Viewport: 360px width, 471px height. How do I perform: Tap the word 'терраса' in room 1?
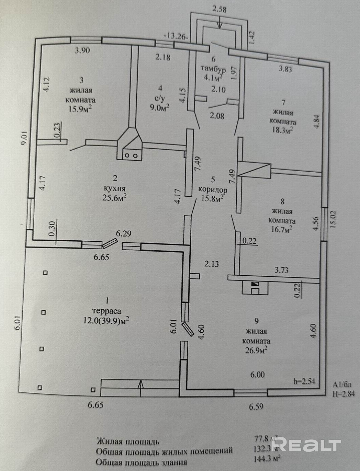(107, 311)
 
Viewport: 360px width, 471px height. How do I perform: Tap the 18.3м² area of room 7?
(282, 130)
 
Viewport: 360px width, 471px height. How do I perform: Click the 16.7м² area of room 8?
(282, 229)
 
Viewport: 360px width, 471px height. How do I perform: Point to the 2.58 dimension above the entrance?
(220, 10)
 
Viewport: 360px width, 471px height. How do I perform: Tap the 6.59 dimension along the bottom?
(256, 407)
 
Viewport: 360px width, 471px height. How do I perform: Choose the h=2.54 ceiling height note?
(304, 381)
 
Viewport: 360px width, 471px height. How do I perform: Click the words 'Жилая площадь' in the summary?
(128, 441)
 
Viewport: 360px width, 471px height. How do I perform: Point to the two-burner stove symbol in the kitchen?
(131, 155)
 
